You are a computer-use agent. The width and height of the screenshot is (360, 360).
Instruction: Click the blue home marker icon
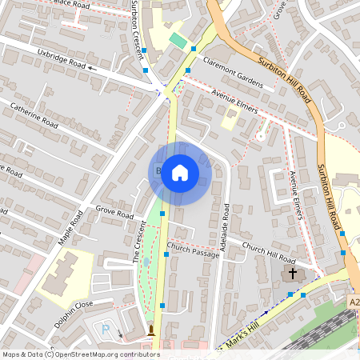tap(180, 173)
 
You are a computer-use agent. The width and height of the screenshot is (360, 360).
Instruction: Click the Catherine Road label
tap(34, 115)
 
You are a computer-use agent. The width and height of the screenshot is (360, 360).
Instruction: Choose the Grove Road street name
tap(114, 214)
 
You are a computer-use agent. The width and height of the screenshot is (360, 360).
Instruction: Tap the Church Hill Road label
tap(268, 253)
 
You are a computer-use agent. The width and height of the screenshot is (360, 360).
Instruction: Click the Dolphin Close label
tap(74, 304)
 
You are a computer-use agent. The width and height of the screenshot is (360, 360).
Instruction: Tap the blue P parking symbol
tap(105, 330)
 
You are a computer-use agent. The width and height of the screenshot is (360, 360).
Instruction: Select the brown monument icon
tap(150, 330)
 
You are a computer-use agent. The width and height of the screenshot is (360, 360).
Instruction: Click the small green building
tap(178, 40)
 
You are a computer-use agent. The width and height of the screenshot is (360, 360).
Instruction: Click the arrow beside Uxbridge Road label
tap(93, 68)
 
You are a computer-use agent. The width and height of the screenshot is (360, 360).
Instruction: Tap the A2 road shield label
tap(354, 303)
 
